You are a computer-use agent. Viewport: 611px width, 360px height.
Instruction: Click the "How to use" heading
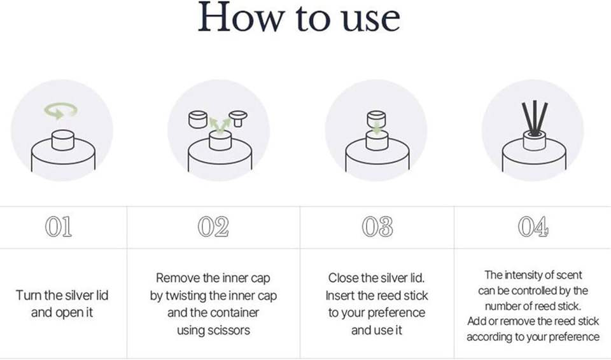299,18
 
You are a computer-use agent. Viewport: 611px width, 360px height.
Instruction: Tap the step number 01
59,227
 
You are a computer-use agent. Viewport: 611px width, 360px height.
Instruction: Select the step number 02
213,227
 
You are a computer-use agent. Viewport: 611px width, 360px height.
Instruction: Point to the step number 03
377,227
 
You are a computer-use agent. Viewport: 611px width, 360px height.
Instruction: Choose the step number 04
533,227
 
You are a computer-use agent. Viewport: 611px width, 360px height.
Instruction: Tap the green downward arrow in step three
377,128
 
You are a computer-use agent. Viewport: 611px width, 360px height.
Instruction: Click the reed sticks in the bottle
535,118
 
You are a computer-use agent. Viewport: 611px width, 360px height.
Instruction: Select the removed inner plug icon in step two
237,119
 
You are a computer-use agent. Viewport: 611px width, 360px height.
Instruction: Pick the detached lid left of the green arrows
197,119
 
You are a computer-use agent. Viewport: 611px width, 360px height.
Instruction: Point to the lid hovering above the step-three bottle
376,118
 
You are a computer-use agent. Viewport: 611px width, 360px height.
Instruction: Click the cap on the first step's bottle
63,141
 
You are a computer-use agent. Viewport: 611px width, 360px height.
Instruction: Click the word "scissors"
228,330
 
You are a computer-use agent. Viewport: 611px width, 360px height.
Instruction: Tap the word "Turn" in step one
29,295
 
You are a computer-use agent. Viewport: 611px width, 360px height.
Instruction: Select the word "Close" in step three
343,278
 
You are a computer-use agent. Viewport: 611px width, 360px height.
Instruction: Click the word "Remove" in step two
178,278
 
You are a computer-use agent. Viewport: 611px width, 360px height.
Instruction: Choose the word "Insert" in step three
340,295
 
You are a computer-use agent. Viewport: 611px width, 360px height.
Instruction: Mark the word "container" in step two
235,312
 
